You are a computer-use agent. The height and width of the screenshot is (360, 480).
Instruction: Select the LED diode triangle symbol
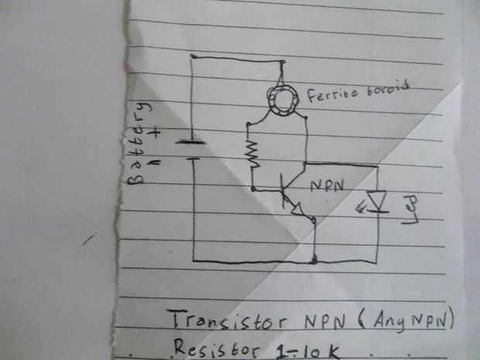pos(378,201)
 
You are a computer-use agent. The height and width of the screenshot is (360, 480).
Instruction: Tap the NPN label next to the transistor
pos(329,187)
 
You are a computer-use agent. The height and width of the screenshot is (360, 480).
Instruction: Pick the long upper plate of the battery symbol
pos(189,142)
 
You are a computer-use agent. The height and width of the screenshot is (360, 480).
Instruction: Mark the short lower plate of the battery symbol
pos(191,159)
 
